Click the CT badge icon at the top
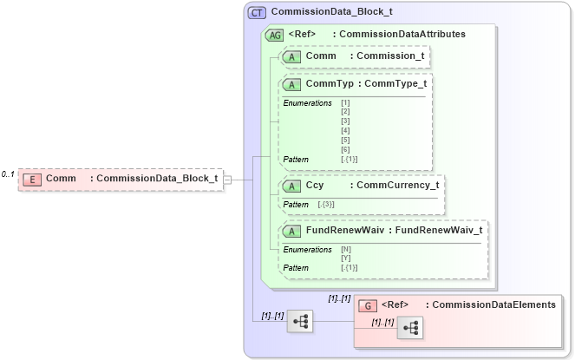258,13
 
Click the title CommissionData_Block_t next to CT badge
331,13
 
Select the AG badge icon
274,35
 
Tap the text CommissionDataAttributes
402,35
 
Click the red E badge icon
31,180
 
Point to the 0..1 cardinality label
8,174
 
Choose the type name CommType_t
396,84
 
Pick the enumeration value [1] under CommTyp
346,103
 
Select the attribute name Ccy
315,186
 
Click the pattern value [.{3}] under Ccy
326,204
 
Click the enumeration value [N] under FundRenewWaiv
346,250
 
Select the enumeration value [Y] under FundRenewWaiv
346,259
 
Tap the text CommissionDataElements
493,305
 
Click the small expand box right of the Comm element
227,180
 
